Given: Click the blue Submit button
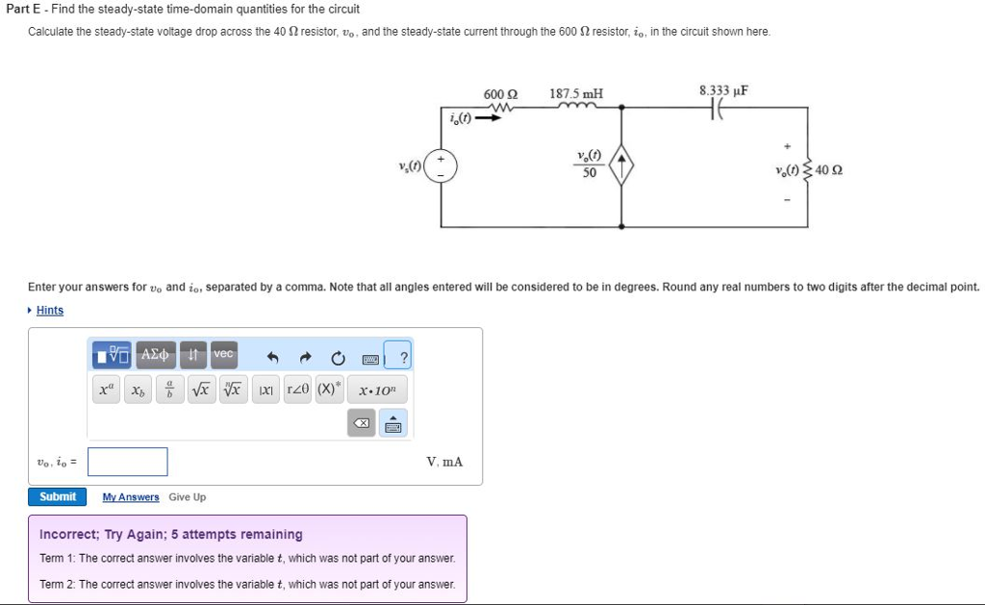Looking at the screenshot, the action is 57,497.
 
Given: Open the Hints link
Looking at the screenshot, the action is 50,311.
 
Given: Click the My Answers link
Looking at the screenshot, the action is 131,497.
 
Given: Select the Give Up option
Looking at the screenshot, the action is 188,497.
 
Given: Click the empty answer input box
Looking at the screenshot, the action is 128,462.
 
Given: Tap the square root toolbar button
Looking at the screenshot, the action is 201,390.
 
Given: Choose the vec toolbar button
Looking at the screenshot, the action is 223,354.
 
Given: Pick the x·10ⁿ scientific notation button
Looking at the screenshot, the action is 377,390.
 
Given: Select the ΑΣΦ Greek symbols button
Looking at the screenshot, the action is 155,354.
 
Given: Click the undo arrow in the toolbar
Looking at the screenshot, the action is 272,358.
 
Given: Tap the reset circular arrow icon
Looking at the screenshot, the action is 338,358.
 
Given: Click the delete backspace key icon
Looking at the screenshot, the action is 362,423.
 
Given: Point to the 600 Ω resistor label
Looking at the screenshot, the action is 500,94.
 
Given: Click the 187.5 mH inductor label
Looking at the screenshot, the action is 576,93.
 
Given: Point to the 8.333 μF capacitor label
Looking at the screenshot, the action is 723,90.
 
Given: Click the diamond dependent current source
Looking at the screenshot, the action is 621,164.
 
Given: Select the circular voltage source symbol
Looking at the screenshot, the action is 441,166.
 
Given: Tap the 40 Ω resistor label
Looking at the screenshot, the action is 828,169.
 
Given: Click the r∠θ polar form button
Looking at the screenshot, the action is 298,390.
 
